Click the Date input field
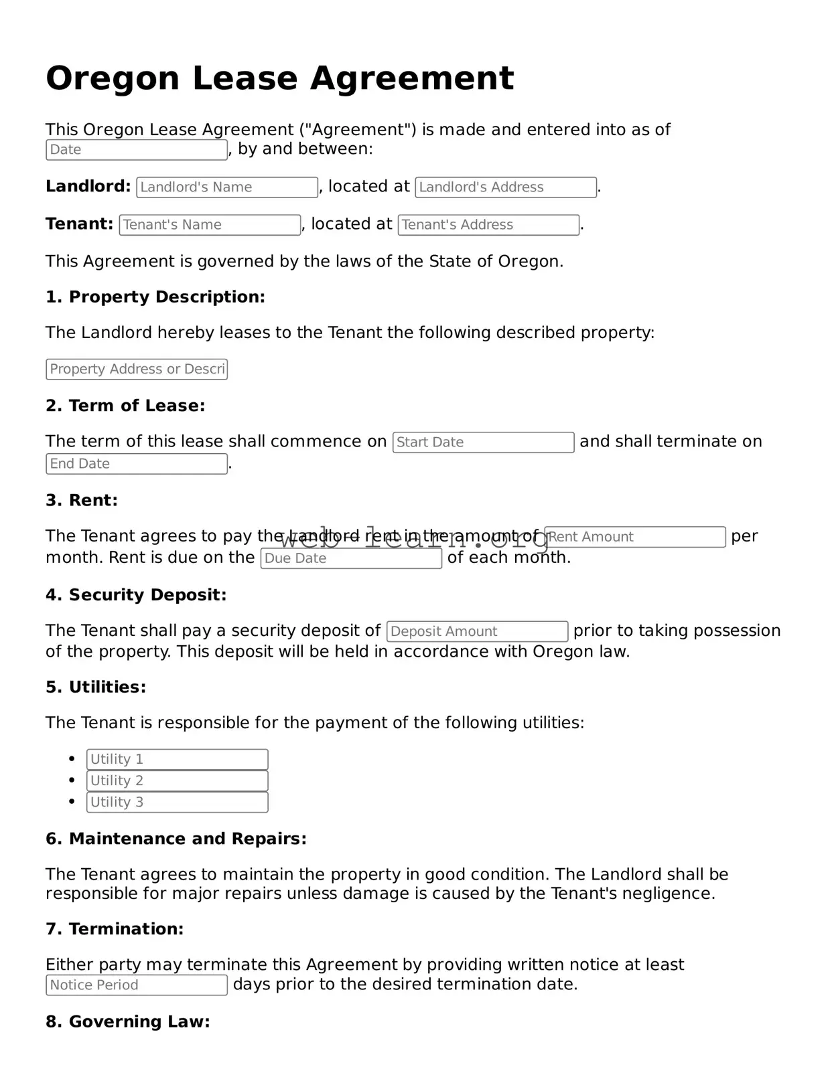(x=137, y=150)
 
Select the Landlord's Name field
(x=227, y=187)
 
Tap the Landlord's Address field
(x=506, y=187)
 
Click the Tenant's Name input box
(x=210, y=225)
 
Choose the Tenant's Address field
(x=488, y=225)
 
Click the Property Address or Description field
(x=137, y=369)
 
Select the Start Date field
(x=483, y=442)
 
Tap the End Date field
(x=137, y=464)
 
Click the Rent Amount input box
(x=635, y=537)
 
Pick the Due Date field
(x=351, y=558)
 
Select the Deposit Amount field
(x=477, y=631)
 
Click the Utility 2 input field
(x=177, y=780)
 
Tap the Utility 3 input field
(x=177, y=802)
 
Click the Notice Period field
(x=137, y=985)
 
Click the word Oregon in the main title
(x=112, y=78)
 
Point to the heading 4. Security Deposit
(x=136, y=595)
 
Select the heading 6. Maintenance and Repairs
(x=176, y=839)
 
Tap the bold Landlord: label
(x=88, y=187)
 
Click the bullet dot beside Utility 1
(x=72, y=758)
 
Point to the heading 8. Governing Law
(x=127, y=1021)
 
